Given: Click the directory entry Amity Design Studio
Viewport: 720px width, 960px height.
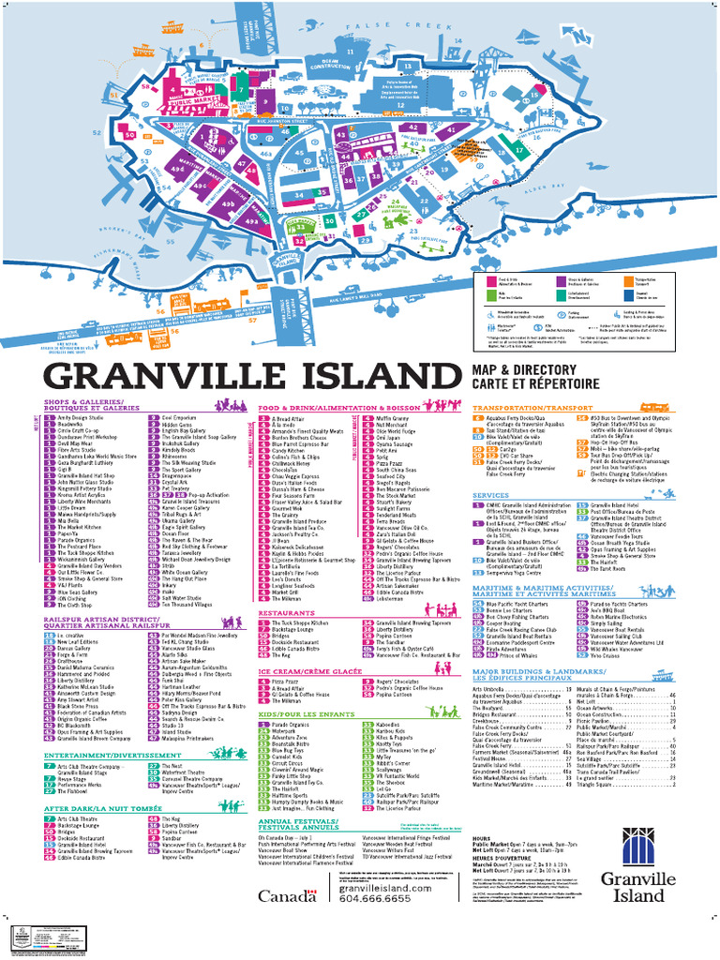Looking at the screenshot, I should tap(80, 418).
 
